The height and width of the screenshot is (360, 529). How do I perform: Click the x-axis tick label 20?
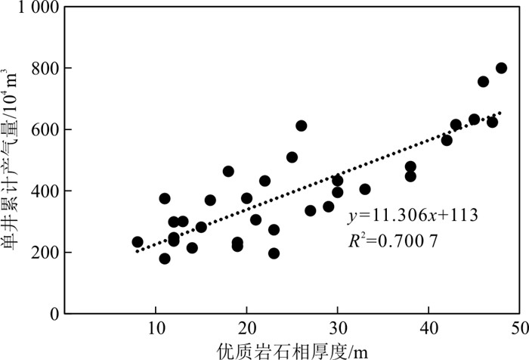(246, 329)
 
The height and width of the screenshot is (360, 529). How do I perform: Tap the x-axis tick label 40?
(428, 329)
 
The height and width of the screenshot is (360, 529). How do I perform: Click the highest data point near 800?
(501, 68)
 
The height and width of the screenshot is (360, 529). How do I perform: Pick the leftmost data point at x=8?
(138, 242)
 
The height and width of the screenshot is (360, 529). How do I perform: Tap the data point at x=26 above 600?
(302, 126)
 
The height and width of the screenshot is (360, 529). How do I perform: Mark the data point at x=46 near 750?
(483, 82)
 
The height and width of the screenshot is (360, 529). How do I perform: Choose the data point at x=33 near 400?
(365, 189)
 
